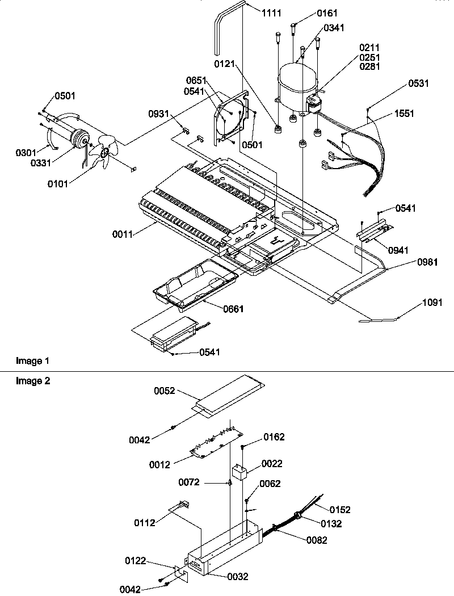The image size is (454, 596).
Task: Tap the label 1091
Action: tap(432, 303)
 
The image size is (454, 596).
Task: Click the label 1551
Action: tap(405, 114)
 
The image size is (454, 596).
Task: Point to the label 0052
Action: tap(164, 391)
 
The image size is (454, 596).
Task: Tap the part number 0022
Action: tap(272, 464)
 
